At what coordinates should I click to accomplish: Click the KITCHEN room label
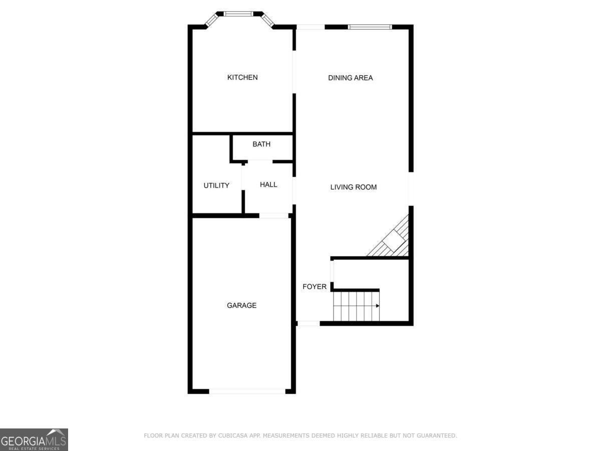coord(242,77)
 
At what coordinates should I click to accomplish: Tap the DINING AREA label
coord(350,78)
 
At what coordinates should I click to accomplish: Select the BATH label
coord(261,144)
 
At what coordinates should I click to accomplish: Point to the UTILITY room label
coord(216,185)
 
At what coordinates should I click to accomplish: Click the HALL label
coord(268,184)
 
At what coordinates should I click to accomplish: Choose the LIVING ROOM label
coord(353,187)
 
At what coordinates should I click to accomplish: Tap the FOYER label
coord(315,287)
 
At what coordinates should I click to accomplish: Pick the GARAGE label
coord(241,305)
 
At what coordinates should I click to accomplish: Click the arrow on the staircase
coord(377,305)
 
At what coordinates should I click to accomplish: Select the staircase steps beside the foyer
coord(356,306)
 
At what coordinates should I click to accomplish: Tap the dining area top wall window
coord(370,27)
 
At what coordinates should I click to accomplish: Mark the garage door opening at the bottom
coord(247,391)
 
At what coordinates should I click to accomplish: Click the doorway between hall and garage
coord(273,215)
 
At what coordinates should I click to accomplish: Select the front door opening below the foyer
coord(309,323)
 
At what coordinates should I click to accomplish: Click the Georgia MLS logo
coord(34,439)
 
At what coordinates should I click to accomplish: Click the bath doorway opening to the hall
coord(259,161)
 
